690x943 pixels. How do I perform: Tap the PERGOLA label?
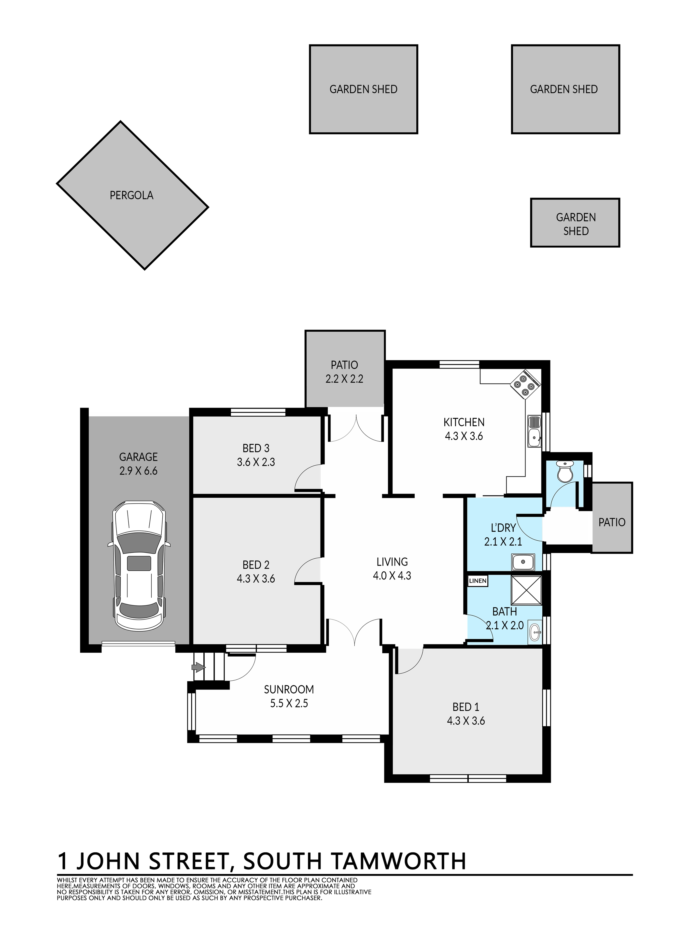pyautogui.click(x=132, y=196)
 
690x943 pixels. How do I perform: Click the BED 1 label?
pyautogui.click(x=466, y=707)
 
